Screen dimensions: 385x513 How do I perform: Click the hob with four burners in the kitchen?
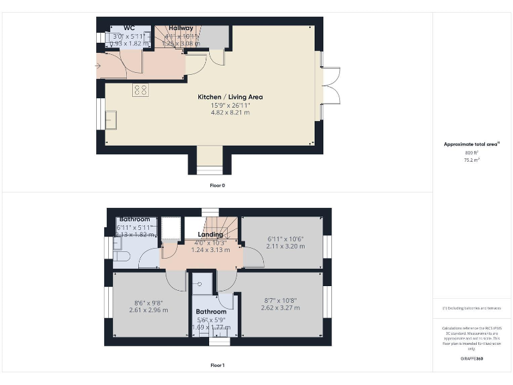140,90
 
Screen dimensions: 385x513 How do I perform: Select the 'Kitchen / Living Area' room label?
230,97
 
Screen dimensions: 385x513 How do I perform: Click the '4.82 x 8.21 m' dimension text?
230,113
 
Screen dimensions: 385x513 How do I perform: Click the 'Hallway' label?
180,28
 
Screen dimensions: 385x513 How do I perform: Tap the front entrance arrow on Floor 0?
102,66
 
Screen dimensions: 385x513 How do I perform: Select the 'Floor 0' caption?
217,185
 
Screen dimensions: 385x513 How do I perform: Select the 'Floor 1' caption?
217,366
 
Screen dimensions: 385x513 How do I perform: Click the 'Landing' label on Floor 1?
210,235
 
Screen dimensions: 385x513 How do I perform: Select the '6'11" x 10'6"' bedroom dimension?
285,239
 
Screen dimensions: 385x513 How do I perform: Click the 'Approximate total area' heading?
472,144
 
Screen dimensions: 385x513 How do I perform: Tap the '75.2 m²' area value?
472,160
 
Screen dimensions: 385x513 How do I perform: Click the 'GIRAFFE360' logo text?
472,360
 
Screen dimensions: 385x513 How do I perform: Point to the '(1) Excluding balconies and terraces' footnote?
472,307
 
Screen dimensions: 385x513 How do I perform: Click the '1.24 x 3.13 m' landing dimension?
210,250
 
